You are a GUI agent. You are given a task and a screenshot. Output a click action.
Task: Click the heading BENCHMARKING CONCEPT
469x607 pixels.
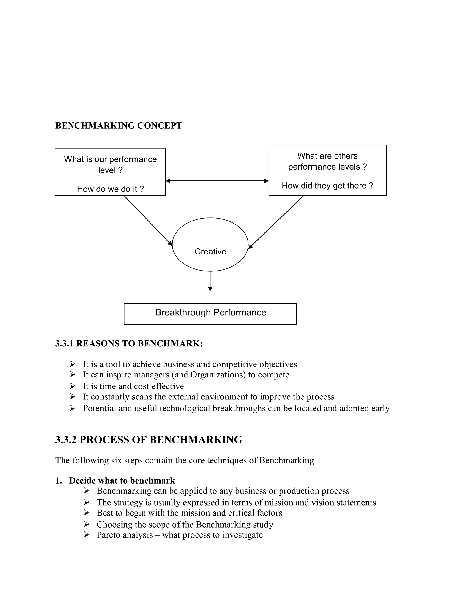pyautogui.click(x=119, y=126)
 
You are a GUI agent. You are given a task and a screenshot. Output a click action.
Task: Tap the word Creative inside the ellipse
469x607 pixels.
pyautogui.click(x=210, y=252)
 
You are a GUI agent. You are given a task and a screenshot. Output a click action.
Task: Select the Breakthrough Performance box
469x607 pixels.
pyautogui.click(x=210, y=314)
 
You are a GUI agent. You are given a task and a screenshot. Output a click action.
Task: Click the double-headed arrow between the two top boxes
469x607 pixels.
pyautogui.click(x=217, y=181)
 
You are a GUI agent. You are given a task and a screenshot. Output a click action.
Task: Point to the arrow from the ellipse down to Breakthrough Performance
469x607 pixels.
pyautogui.click(x=210, y=281)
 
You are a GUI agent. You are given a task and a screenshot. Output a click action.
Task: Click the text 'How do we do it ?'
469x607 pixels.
pyautogui.click(x=110, y=189)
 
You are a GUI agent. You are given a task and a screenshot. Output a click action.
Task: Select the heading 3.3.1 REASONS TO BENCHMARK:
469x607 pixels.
pyautogui.click(x=129, y=344)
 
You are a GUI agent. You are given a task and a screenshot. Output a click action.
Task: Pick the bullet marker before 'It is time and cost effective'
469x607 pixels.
pyautogui.click(x=73, y=386)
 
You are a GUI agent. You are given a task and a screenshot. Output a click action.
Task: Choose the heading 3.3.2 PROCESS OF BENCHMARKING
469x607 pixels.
pyautogui.click(x=149, y=440)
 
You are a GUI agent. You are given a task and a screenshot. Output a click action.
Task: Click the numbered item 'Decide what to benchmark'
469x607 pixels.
pyautogui.click(x=122, y=481)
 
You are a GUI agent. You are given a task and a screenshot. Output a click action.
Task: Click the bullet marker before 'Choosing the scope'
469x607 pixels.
pyautogui.click(x=86, y=525)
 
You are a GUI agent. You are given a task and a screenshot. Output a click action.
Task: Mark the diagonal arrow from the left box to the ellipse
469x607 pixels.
pyautogui.click(x=148, y=221)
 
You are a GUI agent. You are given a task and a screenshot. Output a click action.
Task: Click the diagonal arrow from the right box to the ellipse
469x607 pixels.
pyautogui.click(x=276, y=222)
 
